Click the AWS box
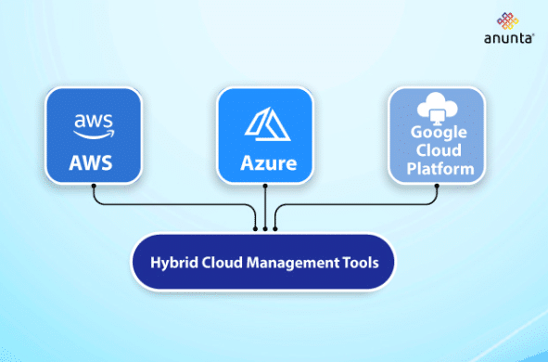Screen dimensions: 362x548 click(x=95, y=136)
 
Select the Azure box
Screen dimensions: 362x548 click(x=264, y=136)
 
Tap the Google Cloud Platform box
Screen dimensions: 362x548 click(x=436, y=136)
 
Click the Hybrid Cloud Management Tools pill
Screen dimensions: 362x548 click(x=264, y=262)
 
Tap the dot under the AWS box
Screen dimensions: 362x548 click(x=95, y=185)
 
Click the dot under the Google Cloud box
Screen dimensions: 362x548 click(x=436, y=185)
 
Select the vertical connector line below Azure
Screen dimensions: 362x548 click(x=265, y=206)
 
